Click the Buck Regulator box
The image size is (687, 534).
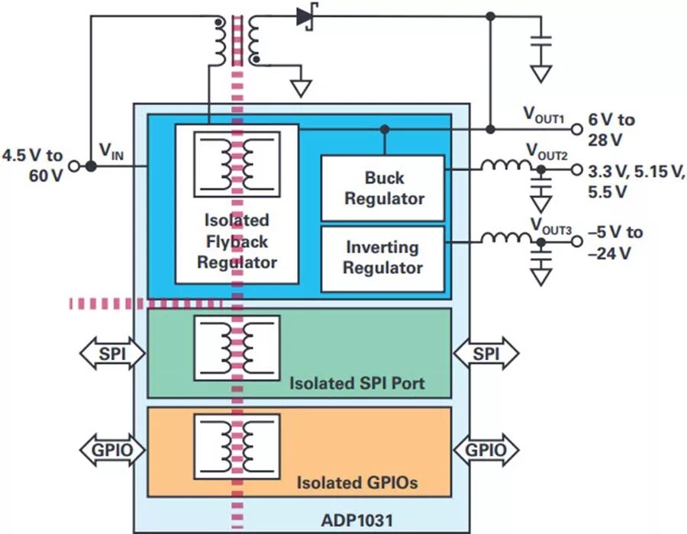pyautogui.click(x=383, y=188)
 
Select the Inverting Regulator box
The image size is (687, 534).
pyautogui.click(x=383, y=258)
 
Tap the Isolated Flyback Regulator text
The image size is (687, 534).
pyautogui.click(x=237, y=241)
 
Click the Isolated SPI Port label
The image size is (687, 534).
pyautogui.click(x=357, y=382)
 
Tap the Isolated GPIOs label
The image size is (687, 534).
pyautogui.click(x=357, y=482)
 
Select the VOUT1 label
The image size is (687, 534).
pyautogui.click(x=543, y=115)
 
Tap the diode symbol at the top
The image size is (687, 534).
pyautogui.click(x=306, y=16)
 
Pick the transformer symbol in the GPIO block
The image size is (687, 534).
pyautogui.click(x=237, y=446)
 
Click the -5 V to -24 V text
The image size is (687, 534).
pyautogui.click(x=615, y=243)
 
